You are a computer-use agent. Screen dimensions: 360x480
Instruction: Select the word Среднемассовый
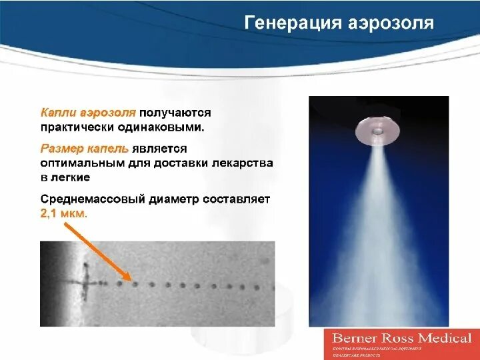tap(91, 199)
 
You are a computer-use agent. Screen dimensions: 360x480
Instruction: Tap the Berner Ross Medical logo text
tap(401, 338)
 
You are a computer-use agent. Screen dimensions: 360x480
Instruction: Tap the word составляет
tap(235, 199)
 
